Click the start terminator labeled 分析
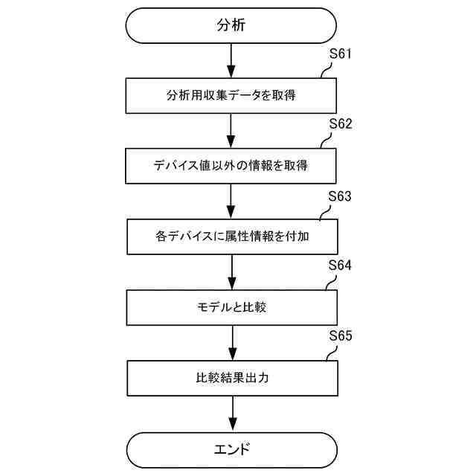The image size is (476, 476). (231, 25)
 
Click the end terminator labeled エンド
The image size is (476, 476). (231, 449)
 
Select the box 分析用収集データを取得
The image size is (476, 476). (232, 96)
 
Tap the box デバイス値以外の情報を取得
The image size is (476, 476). (232, 166)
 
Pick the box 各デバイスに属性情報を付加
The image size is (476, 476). (232, 237)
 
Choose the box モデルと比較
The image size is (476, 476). (232, 306)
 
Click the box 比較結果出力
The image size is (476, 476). (232, 378)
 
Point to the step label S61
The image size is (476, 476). (340, 54)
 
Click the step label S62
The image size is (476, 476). (340, 124)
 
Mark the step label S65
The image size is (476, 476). (340, 336)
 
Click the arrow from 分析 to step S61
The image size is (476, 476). (232, 60)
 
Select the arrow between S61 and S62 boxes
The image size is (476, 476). (232, 131)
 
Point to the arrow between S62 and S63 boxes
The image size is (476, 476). (232, 201)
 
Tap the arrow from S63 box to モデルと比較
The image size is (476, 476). (232, 272)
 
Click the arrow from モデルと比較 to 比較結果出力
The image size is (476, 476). (232, 342)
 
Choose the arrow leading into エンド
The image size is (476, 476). (232, 414)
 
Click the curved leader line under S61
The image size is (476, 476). (325, 70)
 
